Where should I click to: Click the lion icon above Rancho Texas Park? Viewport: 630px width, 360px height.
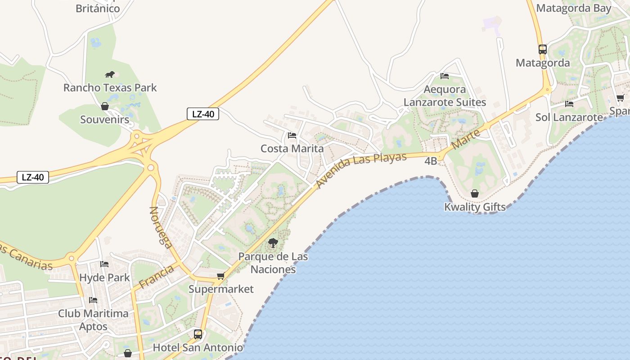(109, 74)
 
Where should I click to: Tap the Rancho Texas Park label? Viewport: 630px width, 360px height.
(110, 87)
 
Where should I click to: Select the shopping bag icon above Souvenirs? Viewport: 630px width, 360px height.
(105, 107)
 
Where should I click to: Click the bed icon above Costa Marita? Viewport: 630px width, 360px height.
(292, 135)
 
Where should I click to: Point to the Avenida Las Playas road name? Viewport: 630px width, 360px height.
(361, 170)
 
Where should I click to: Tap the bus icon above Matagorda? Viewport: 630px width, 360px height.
(543, 49)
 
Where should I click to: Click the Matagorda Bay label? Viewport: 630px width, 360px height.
(574, 8)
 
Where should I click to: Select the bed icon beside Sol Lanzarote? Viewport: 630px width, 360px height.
(569, 104)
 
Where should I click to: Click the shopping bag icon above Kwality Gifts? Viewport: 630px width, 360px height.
(475, 194)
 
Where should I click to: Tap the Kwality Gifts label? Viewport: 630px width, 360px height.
(475, 207)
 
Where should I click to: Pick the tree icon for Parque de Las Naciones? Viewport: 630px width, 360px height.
(273, 243)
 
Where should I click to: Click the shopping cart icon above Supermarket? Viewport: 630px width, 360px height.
(220, 276)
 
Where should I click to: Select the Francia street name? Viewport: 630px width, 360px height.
(156, 277)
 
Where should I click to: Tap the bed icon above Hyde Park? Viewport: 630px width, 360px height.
(104, 264)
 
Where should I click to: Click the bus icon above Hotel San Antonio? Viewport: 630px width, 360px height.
(198, 334)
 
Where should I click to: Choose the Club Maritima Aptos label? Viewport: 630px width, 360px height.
(93, 319)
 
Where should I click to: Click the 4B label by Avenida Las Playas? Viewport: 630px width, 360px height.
(431, 161)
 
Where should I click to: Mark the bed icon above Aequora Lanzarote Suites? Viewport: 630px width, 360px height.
(445, 76)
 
